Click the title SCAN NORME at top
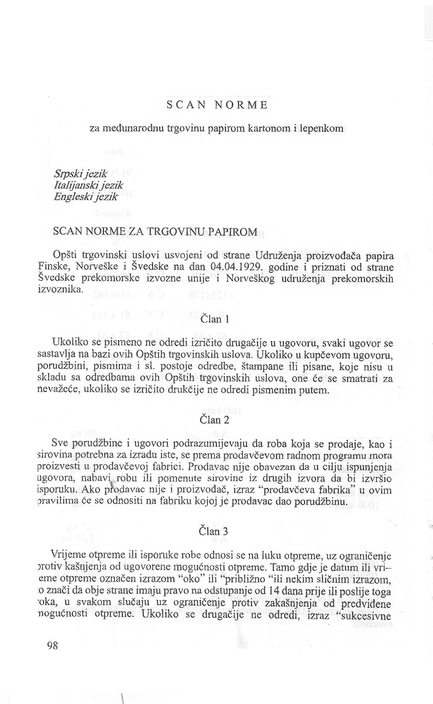pos(217,105)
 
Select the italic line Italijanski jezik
pos(88,185)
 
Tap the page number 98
pos(53,645)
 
